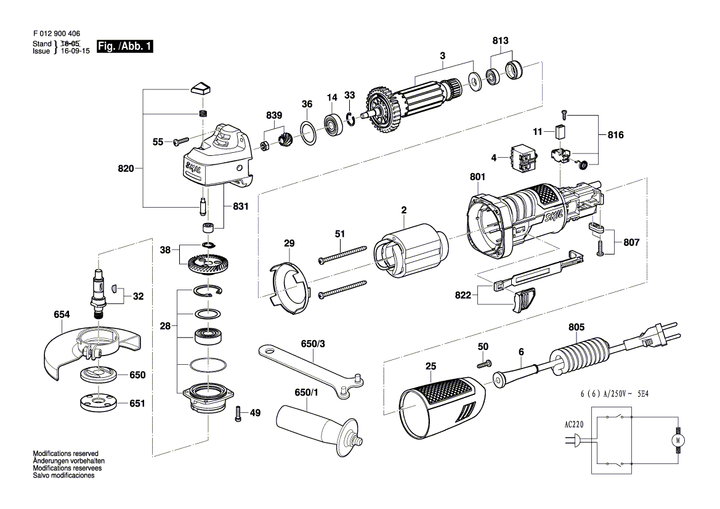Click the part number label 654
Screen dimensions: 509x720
coord(62,314)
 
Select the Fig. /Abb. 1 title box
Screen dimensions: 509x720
coord(124,46)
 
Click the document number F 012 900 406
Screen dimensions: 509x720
coord(55,34)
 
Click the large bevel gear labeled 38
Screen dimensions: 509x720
coord(211,267)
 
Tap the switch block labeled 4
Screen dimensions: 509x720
coord(522,158)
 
